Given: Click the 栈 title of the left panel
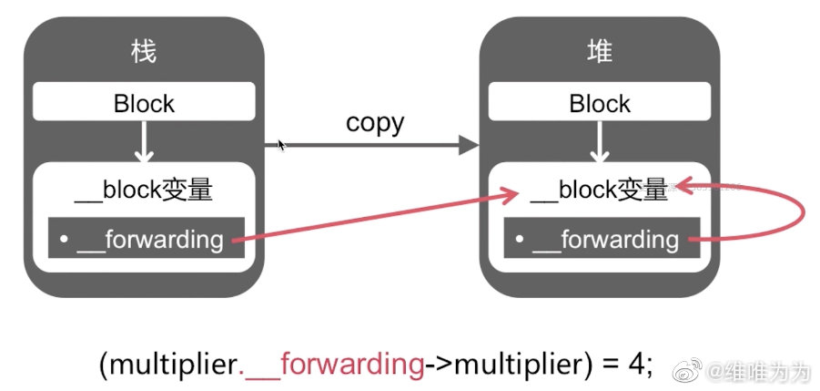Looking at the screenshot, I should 144,52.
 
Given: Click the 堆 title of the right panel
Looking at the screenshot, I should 599,52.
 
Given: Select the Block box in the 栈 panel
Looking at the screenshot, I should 144,103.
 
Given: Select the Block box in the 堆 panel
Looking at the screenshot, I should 599,103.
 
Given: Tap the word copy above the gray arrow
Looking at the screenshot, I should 375,123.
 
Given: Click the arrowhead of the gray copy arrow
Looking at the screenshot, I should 470,144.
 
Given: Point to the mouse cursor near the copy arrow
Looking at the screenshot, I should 281,144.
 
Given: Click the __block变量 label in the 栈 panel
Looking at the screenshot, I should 144,190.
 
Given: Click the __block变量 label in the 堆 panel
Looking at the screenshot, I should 599,190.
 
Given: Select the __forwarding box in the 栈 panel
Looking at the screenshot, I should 146,239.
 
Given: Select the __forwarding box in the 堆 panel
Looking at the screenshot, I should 601,240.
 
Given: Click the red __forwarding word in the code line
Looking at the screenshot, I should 332,364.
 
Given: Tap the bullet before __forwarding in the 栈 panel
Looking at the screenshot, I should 65,240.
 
